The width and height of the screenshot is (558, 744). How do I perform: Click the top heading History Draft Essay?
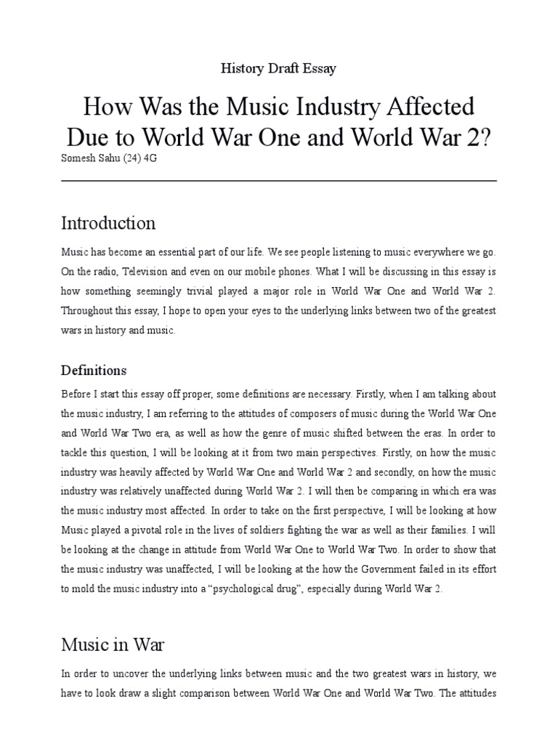coord(278,68)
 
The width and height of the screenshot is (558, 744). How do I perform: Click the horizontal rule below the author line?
coord(278,179)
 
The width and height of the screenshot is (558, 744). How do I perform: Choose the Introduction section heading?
coord(108,222)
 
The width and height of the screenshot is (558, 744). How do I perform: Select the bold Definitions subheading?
coord(94,371)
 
